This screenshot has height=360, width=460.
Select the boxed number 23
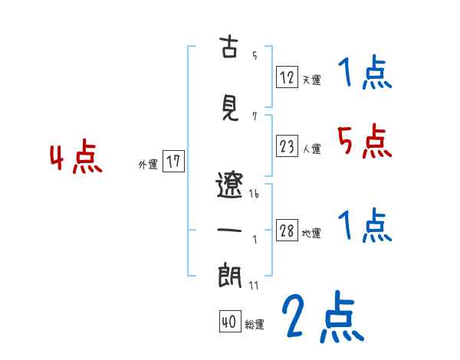tap(287, 146)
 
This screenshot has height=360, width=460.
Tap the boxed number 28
tap(287, 231)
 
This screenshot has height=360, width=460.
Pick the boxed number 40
tap(228, 322)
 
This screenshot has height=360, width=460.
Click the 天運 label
tap(311, 80)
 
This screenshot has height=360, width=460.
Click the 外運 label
tap(147, 165)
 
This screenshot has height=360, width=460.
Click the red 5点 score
tap(364, 141)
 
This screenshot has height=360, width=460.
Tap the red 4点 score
tap(76, 159)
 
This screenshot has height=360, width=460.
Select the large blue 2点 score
tap(322, 318)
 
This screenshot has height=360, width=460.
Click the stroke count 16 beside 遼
tap(254, 194)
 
